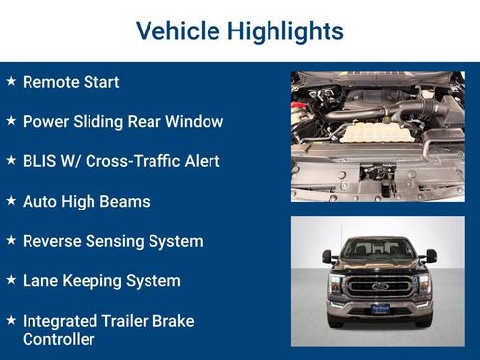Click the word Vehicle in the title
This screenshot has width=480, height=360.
pyautogui.click(x=174, y=31)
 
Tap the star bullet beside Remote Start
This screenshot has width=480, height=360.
pyautogui.click(x=11, y=81)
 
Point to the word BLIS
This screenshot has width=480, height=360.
pyautogui.click(x=40, y=161)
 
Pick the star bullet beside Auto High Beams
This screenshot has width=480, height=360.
pyautogui.click(x=11, y=201)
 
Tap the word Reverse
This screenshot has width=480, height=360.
pyautogui.click(x=51, y=241)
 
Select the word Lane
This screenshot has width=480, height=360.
pyautogui.click(x=40, y=281)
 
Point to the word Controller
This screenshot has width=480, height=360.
pyautogui.click(x=58, y=339)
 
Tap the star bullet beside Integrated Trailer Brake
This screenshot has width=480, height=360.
pyautogui.click(x=11, y=320)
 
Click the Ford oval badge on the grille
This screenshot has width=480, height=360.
pyautogui.click(x=379, y=286)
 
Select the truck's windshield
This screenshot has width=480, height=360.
pyautogui.click(x=379, y=250)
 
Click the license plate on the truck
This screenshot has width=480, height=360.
pyautogui.click(x=380, y=309)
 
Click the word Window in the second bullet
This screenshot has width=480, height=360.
pyautogui.click(x=194, y=122)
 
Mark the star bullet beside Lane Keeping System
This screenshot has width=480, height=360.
pyautogui.click(x=11, y=280)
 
